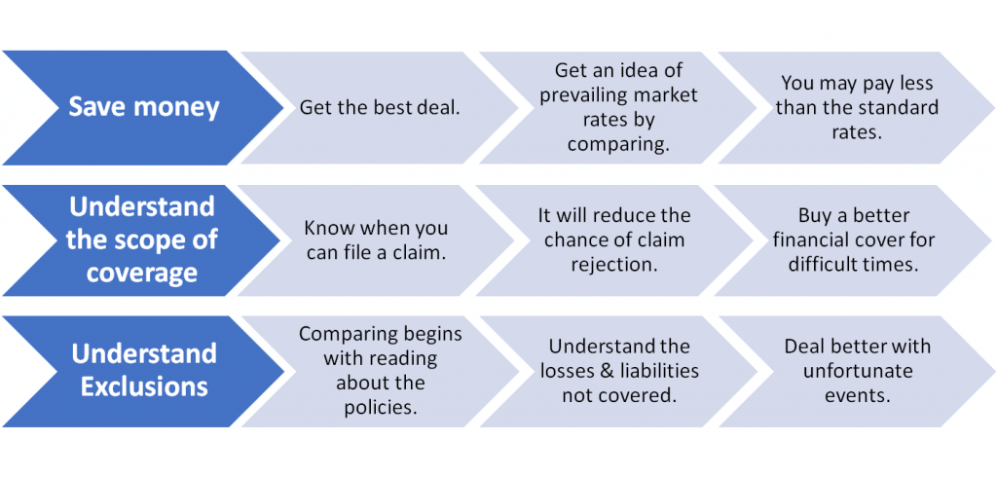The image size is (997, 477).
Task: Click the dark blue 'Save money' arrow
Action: tap(143, 107)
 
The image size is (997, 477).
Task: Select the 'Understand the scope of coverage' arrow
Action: tap(141, 240)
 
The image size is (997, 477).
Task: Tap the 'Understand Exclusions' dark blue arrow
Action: tap(143, 372)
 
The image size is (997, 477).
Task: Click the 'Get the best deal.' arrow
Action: tap(381, 107)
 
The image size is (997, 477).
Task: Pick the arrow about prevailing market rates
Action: tap(618, 107)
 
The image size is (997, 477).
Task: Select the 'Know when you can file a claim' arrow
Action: tap(377, 240)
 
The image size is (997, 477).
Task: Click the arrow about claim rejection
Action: tap(614, 240)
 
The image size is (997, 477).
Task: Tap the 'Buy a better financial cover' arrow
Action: tap(853, 240)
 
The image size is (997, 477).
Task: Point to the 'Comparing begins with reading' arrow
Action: tap(381, 372)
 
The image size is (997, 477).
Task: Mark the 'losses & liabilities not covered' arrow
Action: tap(618, 372)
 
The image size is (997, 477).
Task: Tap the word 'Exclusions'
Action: tap(144, 386)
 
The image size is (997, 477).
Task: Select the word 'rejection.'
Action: tap(613, 264)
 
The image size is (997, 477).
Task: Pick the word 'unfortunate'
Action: tap(858, 371)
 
